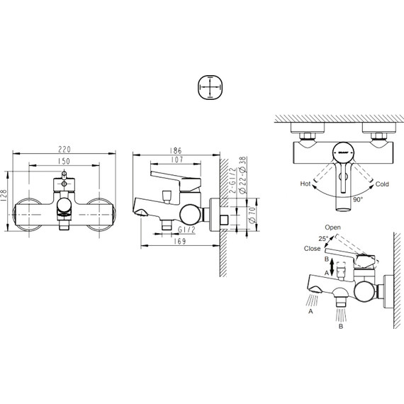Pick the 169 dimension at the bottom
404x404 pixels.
click(179, 241)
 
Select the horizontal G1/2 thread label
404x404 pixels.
click(186, 230)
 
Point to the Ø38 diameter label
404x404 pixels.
click(242, 164)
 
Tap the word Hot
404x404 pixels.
click(306, 184)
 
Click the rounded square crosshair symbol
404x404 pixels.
click(211, 90)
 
